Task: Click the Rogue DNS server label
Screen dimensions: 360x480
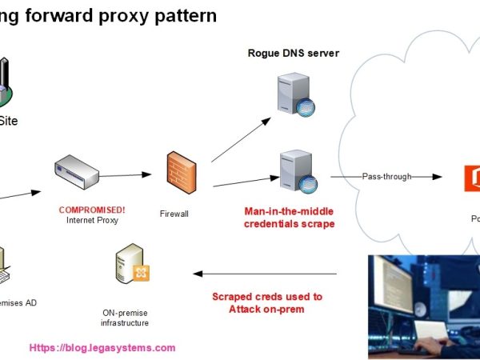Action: tap(293, 53)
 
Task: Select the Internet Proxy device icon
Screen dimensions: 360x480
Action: tap(76, 172)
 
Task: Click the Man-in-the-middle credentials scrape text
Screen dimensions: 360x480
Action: tap(290, 218)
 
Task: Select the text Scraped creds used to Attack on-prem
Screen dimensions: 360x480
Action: tap(267, 302)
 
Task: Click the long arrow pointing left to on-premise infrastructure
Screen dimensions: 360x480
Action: tap(264, 274)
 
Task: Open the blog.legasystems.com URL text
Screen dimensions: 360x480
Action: tap(102, 348)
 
